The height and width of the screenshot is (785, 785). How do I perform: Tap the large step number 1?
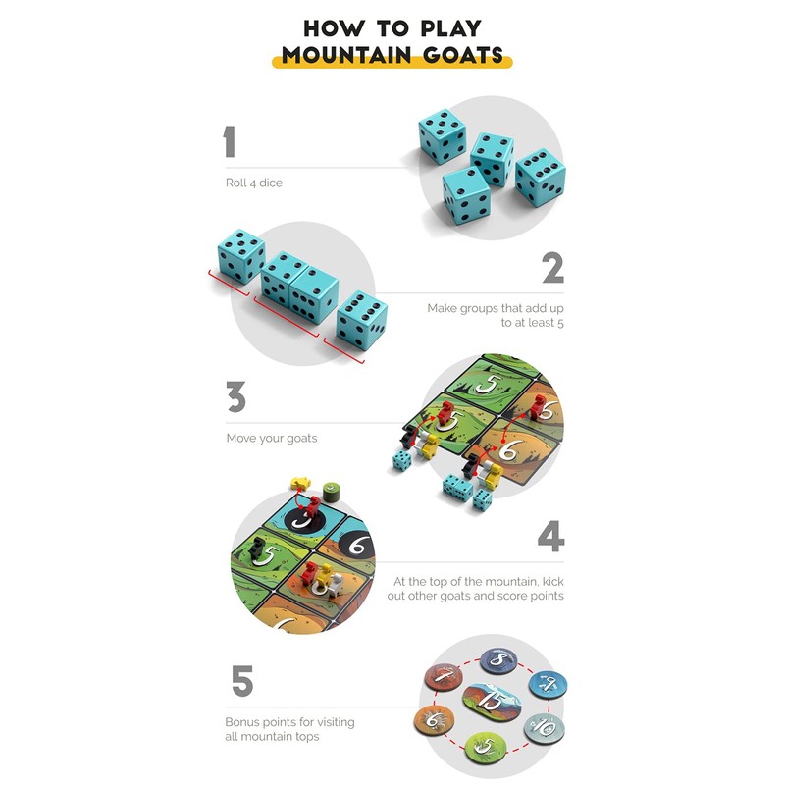[x=230, y=142]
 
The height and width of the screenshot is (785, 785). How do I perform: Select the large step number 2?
[x=552, y=268]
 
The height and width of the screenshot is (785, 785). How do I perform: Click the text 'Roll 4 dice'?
[x=253, y=183]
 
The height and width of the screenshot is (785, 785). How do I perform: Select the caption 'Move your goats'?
[x=272, y=438]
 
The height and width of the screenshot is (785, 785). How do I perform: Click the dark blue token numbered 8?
[x=497, y=659]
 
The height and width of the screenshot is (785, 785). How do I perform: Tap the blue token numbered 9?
[x=548, y=684]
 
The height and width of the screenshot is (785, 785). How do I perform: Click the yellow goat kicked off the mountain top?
[x=300, y=484]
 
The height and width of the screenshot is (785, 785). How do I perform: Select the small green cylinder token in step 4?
[x=331, y=487]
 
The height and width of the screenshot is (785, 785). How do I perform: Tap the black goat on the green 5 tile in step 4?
[x=258, y=548]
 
